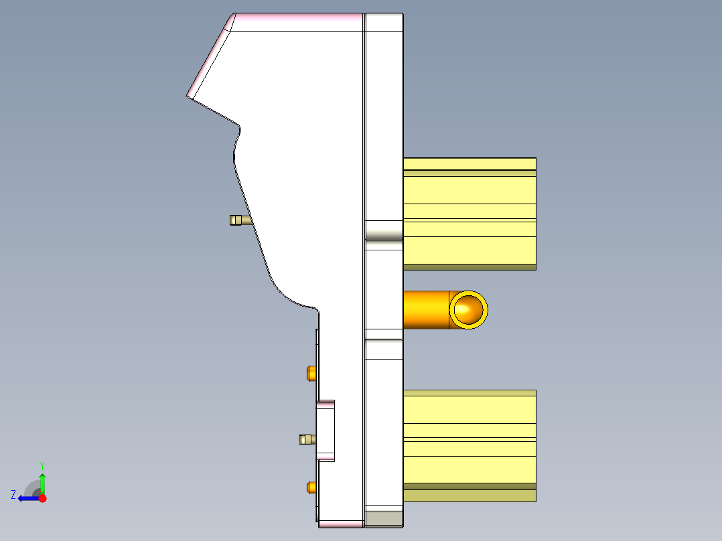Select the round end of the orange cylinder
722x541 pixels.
pyautogui.click(x=468, y=309)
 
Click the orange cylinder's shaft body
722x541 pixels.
pyautogui.click(x=426, y=309)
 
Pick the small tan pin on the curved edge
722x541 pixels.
pyautogui.click(x=238, y=220)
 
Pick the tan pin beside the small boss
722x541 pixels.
pyautogui.click(x=307, y=439)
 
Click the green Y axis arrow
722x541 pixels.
pyautogui.click(x=42, y=481)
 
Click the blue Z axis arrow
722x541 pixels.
pyautogui.click(x=26, y=498)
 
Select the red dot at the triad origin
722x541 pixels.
pyautogui.click(x=42, y=498)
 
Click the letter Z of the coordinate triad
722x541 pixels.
pyautogui.click(x=13, y=494)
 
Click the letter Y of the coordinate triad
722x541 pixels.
pyautogui.click(x=42, y=465)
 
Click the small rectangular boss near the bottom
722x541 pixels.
pyautogui.click(x=326, y=431)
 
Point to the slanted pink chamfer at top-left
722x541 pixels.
pyautogui.click(x=210, y=56)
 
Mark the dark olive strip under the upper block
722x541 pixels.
pyautogui.click(x=469, y=267)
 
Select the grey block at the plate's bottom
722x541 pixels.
pyautogui.click(x=384, y=519)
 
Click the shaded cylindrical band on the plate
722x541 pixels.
pyautogui.click(x=384, y=232)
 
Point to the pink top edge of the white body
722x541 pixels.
pyautogui.click(x=298, y=22)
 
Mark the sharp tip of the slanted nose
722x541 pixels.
pyautogui.click(x=187, y=96)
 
